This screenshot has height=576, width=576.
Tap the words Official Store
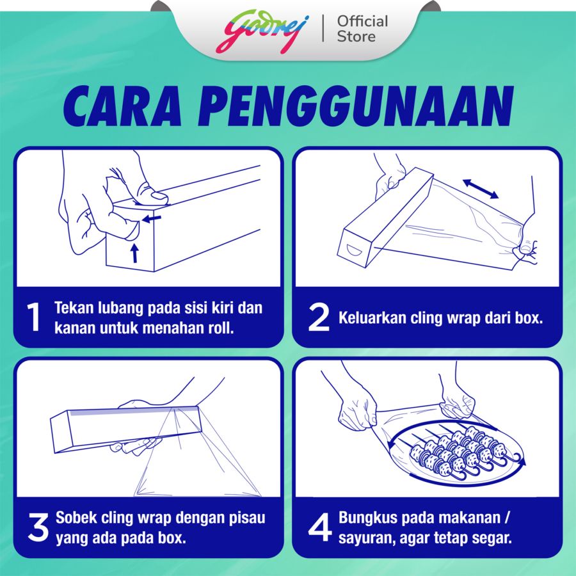pyautogui.click(x=363, y=29)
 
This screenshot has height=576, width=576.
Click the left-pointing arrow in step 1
pyautogui.click(x=152, y=220)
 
